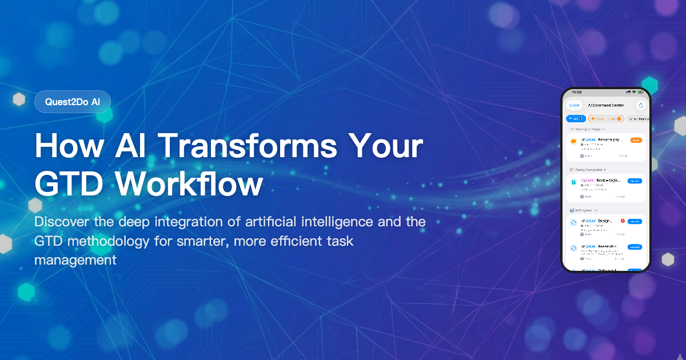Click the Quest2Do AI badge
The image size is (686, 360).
(72, 102)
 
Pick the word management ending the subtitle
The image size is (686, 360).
(75, 260)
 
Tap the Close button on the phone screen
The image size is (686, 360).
(574, 105)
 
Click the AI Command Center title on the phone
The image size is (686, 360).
(605, 105)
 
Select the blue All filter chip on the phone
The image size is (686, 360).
(576, 119)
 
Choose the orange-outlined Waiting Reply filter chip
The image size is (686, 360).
(606, 119)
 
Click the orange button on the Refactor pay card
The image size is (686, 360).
(636, 140)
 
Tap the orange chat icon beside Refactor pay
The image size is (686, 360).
(573, 142)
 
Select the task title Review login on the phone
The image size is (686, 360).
(609, 181)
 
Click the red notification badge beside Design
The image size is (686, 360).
(622, 221)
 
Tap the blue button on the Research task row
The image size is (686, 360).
(635, 247)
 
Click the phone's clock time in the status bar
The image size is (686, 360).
(576, 92)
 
